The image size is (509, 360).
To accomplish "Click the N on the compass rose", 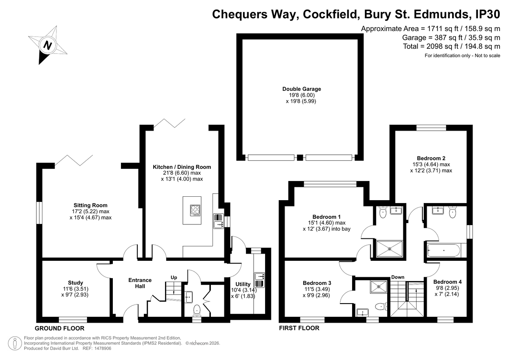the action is point(48,45).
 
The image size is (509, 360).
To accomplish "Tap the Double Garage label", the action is point(302,89).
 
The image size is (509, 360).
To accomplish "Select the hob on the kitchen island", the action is point(196,211).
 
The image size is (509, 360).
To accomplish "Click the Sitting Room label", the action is point(90,205).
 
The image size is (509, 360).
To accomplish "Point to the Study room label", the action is point(76,283).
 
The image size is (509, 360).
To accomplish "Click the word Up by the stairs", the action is point(174,278).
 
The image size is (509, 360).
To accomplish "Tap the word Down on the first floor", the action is point(398,277).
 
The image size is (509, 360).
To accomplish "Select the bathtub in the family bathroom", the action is point(443,251).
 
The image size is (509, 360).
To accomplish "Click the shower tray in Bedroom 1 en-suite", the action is point(389,249).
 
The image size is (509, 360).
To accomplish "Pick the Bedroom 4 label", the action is point(447,282).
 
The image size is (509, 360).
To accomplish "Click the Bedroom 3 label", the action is point(317,283).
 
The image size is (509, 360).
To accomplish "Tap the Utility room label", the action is point(243,284).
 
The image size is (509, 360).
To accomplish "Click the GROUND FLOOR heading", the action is point(59,329).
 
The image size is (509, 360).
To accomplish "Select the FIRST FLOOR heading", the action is point(299,328).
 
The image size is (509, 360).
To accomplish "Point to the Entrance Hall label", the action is point(140,283).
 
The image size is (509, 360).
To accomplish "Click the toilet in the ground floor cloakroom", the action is point(197,310).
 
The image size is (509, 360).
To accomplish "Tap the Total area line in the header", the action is point(451,47).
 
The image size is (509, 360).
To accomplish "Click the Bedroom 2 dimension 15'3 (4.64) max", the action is point(431,165).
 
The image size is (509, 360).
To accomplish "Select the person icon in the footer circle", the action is point(15,343).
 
